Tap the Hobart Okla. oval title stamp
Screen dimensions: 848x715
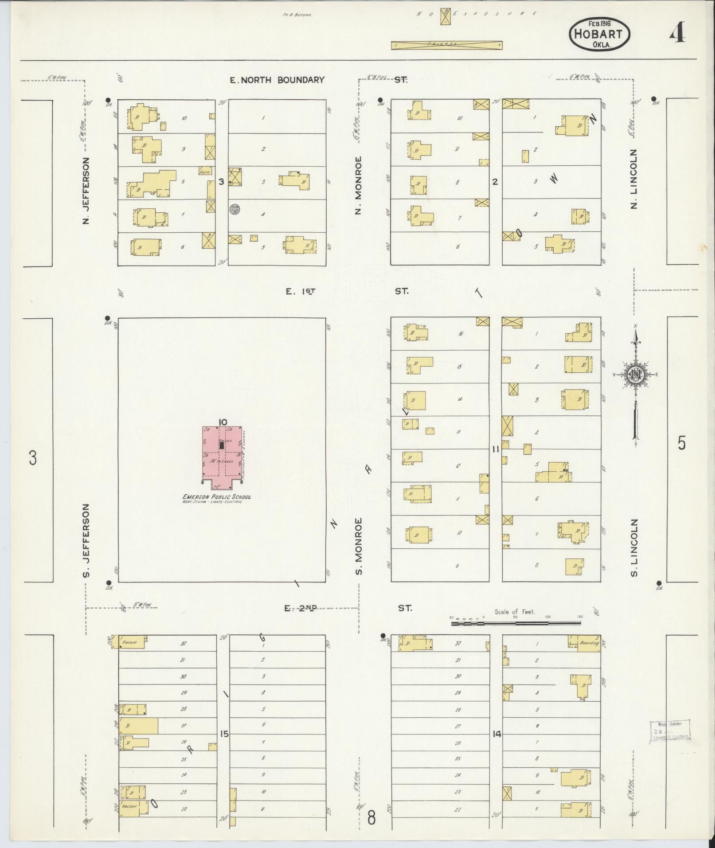[x=599, y=33]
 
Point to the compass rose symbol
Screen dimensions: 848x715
[x=636, y=375]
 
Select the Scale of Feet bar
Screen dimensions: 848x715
[x=516, y=623]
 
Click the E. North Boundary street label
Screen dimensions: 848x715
[x=277, y=80]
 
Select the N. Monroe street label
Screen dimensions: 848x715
[x=359, y=185]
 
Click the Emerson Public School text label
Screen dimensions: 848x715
[x=217, y=497]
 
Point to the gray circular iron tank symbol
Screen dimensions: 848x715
[x=235, y=209]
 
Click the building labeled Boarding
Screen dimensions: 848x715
[x=585, y=642]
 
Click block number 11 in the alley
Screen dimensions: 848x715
[x=496, y=449]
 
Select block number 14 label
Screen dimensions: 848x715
[x=496, y=734]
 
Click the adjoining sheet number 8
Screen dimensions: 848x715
[x=371, y=817]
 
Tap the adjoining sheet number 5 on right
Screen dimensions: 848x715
[x=682, y=443]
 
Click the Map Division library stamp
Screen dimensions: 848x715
[x=670, y=731]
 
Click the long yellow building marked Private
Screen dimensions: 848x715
[x=446, y=45]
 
